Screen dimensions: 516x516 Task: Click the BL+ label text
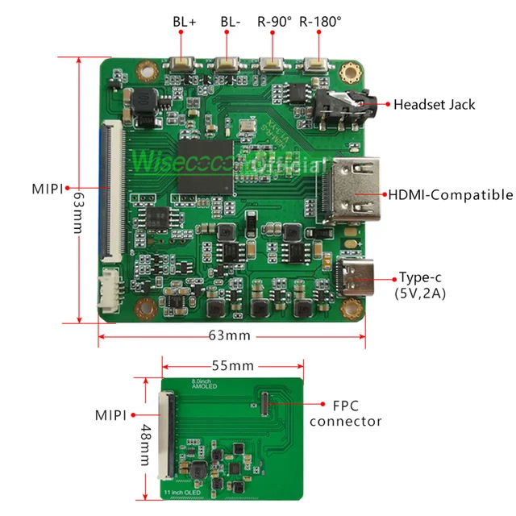pyautogui.click(x=185, y=21)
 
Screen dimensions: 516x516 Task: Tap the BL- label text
pyautogui.click(x=231, y=21)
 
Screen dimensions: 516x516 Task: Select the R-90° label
pyautogui.click(x=275, y=21)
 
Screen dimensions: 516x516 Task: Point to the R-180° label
pyautogui.click(x=320, y=21)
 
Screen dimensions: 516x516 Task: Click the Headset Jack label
pyautogui.click(x=434, y=104)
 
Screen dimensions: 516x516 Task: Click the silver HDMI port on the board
pyautogui.click(x=348, y=193)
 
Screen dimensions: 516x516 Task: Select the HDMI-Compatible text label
pyautogui.click(x=451, y=194)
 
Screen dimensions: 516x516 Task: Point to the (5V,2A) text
pyautogui.click(x=419, y=293)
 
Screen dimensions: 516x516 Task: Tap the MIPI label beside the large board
pyautogui.click(x=48, y=189)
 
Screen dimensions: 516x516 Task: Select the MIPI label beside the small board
pyautogui.click(x=110, y=415)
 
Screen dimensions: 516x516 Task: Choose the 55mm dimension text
pyautogui.click(x=231, y=365)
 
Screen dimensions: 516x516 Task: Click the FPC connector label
pyautogui.click(x=346, y=413)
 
